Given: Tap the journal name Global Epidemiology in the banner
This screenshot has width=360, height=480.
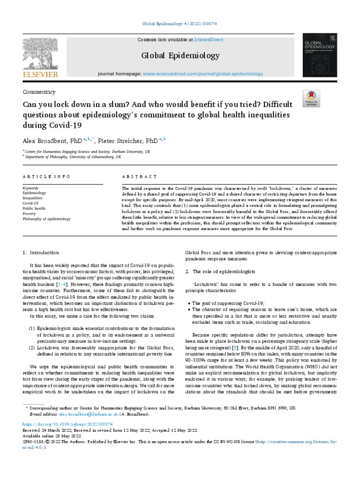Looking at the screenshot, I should (x=180, y=56).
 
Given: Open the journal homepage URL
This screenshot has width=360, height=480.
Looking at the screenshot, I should (x=203, y=74).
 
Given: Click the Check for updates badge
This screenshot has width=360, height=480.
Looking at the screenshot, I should (x=325, y=97).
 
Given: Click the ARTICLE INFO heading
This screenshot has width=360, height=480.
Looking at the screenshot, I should (x=46, y=177).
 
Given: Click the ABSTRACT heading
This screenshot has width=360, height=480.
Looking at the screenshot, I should (x=140, y=177).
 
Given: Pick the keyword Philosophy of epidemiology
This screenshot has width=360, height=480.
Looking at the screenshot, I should (x=47, y=219).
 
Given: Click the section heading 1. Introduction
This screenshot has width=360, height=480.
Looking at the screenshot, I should (x=41, y=253).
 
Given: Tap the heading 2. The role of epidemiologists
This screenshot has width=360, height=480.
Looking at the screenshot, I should (x=220, y=272).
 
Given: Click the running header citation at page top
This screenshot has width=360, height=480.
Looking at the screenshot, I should (x=180, y=24).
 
